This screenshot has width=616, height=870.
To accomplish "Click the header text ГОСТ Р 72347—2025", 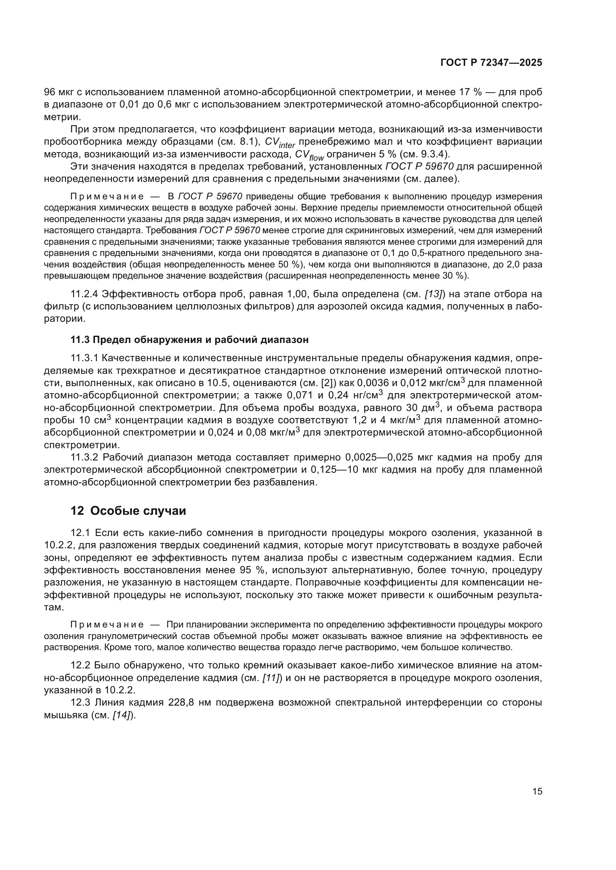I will click(491, 63).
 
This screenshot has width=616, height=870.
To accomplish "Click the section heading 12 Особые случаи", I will click(128, 511).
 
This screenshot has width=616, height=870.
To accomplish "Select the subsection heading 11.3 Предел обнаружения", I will click(189, 340).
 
